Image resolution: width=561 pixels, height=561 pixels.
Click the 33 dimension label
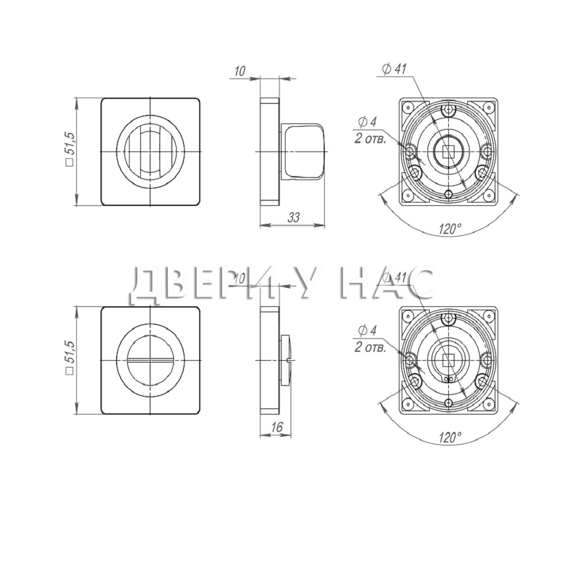293,217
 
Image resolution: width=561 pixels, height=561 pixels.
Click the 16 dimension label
277,426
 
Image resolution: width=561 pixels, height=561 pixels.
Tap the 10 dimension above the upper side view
240,71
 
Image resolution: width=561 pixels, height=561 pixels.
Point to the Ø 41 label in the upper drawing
394,68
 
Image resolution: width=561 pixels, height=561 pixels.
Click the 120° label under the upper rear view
450,229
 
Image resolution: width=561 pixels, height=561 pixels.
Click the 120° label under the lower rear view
450,437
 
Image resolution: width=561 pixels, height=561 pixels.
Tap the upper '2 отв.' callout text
370,139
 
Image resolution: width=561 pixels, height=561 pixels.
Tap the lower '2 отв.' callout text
370,347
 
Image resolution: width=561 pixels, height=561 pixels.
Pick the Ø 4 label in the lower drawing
367,330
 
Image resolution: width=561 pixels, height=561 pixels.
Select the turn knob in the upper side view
304,151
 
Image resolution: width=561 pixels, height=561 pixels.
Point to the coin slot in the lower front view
150,359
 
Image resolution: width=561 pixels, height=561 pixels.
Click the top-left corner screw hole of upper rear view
406,106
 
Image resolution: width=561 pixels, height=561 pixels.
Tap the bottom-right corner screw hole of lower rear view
488,404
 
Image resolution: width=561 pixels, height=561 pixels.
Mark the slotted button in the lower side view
286,360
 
